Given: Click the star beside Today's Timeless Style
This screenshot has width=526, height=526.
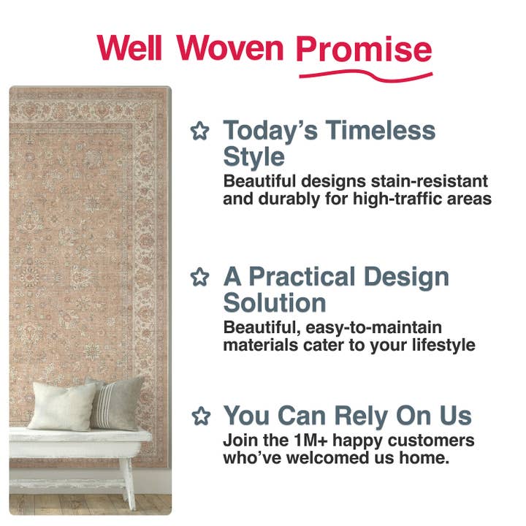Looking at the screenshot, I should coord(199,131).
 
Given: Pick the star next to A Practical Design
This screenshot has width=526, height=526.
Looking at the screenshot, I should coord(199,278).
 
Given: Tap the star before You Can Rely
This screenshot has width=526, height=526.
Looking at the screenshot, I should coord(199,416).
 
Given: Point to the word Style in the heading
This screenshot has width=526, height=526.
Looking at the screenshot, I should coord(254,156).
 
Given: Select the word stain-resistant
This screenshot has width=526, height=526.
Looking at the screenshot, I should coord(430,180).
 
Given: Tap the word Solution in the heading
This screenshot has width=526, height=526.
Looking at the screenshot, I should coord(274,302).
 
